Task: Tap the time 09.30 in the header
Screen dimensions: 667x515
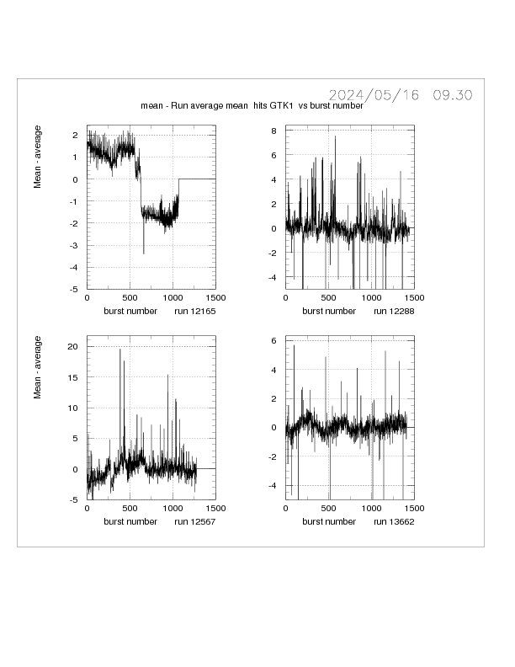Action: click(x=452, y=95)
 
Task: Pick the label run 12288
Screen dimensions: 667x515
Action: click(x=393, y=311)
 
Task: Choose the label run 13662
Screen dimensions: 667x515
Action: click(x=393, y=522)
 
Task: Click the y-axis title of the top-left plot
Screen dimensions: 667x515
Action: click(x=38, y=157)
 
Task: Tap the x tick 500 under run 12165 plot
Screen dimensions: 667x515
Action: click(x=130, y=298)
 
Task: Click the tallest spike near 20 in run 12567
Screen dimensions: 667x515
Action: click(x=120, y=350)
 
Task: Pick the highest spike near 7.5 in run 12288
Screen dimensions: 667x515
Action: click(x=335, y=136)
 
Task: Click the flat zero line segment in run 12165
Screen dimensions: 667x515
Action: click(x=197, y=179)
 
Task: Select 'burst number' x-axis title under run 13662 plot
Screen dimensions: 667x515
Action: click(x=329, y=522)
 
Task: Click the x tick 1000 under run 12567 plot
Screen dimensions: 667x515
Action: click(x=172, y=509)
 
